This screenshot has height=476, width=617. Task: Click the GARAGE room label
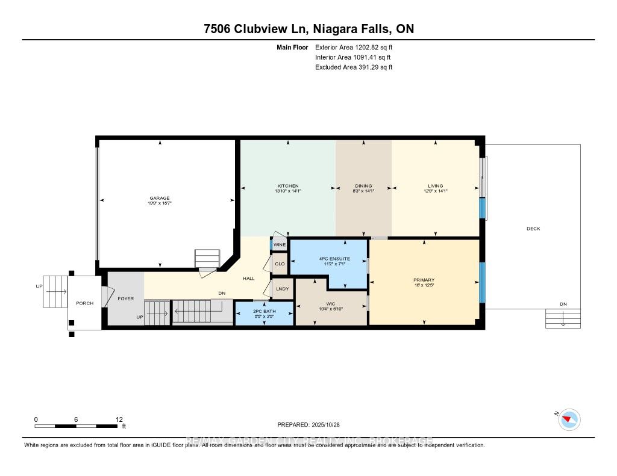pos(160,198)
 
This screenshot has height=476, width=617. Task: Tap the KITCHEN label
pos(288,186)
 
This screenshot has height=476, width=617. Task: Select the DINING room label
pos(363,186)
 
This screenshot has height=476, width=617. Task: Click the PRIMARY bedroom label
pos(424,280)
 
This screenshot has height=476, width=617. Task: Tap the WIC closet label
pos(331,303)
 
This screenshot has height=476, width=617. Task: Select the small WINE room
pos(279,246)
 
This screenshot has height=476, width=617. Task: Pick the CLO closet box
pos(280,264)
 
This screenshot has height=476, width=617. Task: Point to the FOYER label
pos(125,298)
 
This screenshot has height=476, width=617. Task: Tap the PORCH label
pos(85,303)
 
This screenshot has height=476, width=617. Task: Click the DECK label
pos(533,229)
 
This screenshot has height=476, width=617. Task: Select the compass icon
pos(569,419)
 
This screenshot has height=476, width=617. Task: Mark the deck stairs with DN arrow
pos(563,318)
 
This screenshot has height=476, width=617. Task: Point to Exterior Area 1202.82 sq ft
pos(354,47)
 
